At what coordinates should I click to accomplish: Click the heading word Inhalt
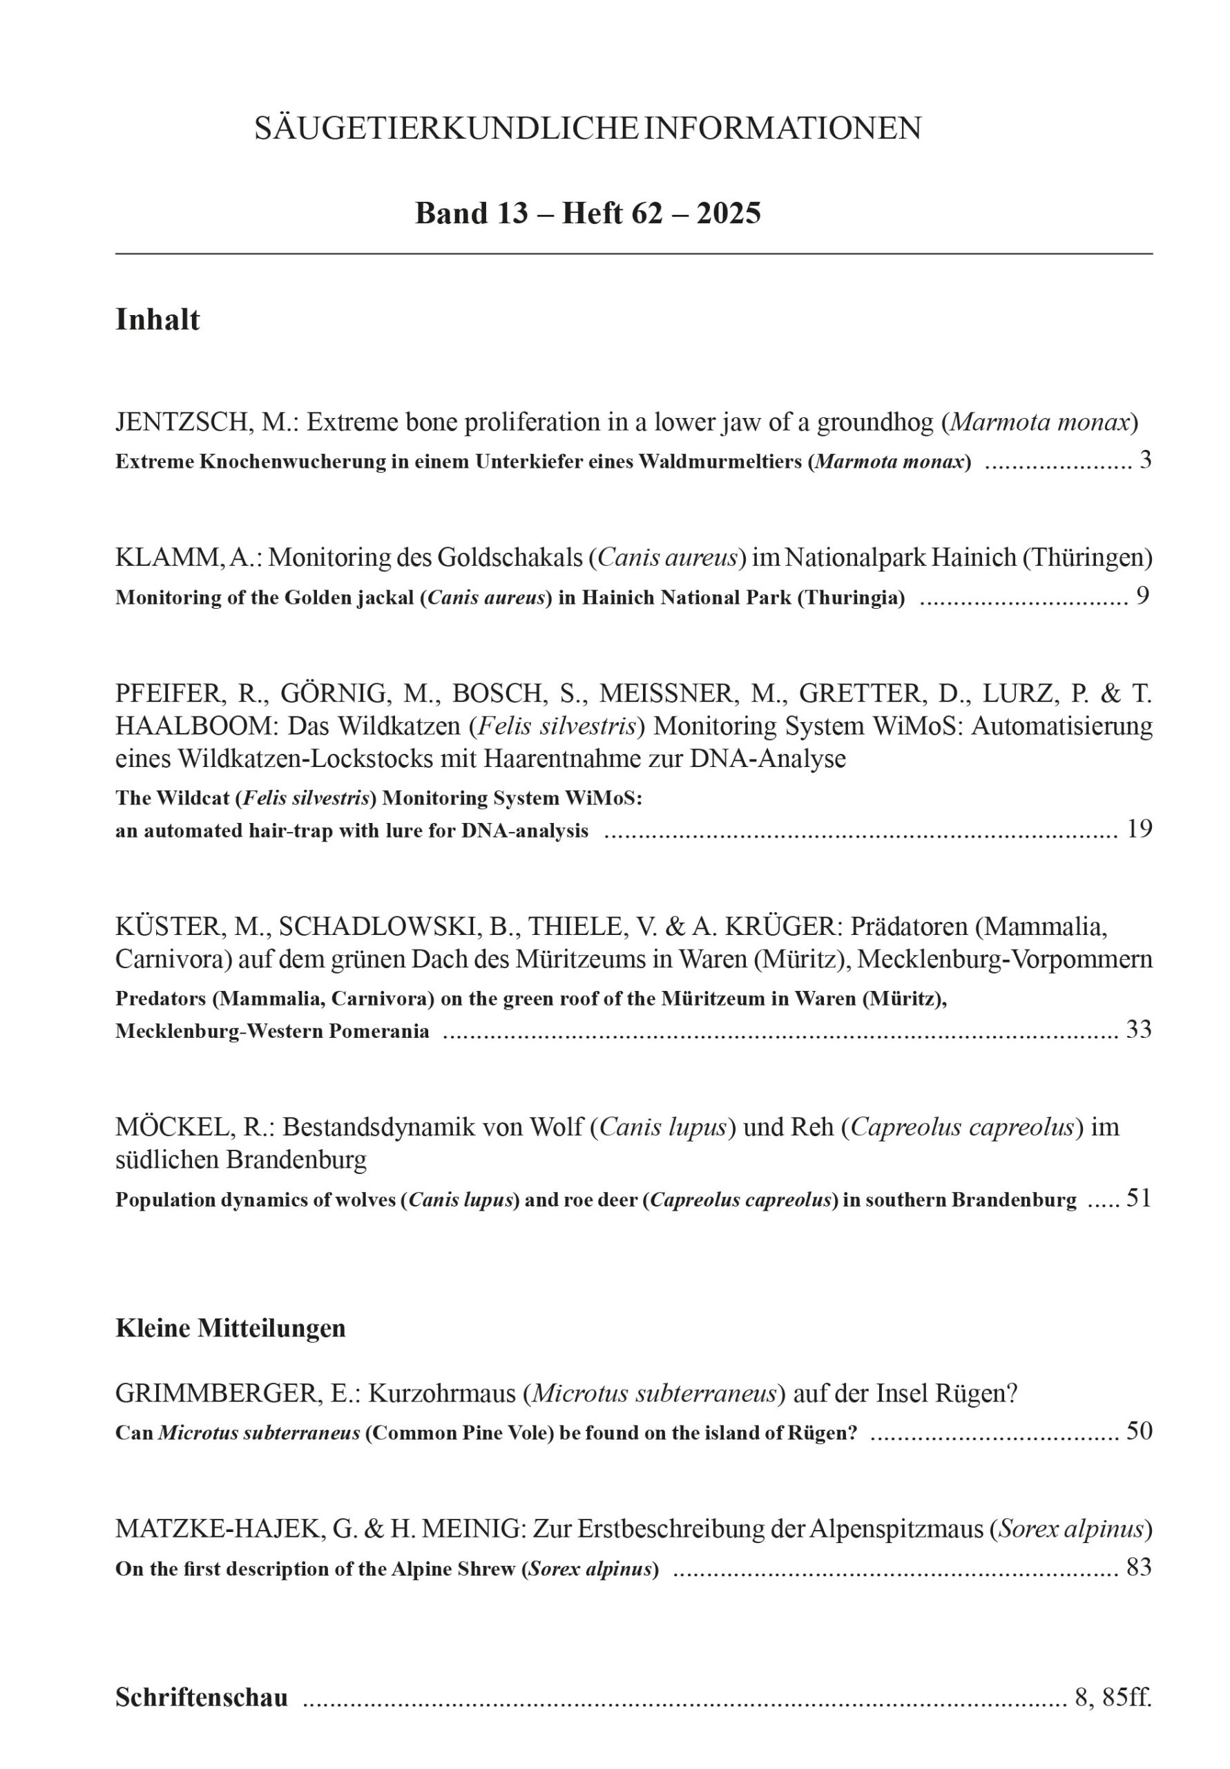coord(157,320)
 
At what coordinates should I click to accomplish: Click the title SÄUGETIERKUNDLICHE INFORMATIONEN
coord(587,128)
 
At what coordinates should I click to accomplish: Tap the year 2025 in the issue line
coord(729,213)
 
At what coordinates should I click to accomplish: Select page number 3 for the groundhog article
coord(1145,460)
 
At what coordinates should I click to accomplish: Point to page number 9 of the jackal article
coord(1143,596)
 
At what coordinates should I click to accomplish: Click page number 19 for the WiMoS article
coord(1139,829)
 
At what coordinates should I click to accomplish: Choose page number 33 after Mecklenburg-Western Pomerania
coord(1139,1030)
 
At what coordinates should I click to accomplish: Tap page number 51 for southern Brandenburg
coord(1138,1198)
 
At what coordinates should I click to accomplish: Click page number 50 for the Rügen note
coord(1139,1431)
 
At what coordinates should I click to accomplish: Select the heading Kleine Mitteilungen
coord(230,1328)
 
